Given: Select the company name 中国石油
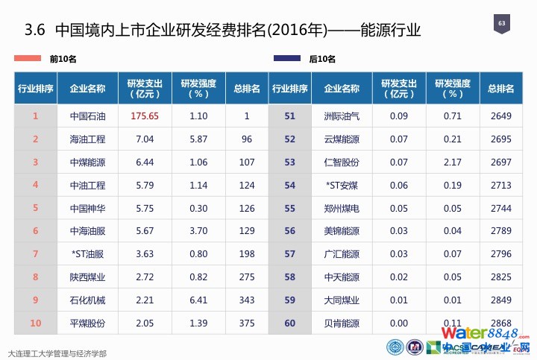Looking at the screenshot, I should pos(87,116).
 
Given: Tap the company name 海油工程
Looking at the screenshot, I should pos(87,139).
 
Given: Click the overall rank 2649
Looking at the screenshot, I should pos(501,116).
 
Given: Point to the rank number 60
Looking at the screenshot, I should pos(289,323).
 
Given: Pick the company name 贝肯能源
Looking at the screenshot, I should pos(342,323).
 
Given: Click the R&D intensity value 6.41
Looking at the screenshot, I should pos(198,300).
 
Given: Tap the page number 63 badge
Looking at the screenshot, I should pos(501,26).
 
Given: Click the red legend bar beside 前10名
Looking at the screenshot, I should pos(30,58).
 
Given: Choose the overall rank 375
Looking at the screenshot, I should pos(247,323).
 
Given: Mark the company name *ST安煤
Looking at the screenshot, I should pos(342,186).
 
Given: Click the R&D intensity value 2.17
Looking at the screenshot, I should pos(452,162).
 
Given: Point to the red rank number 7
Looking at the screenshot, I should pos(35,254).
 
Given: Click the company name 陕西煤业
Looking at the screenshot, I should pos(87,277).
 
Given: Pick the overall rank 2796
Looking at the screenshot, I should pos(501,254).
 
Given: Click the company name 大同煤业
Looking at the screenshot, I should pos(342,300).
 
